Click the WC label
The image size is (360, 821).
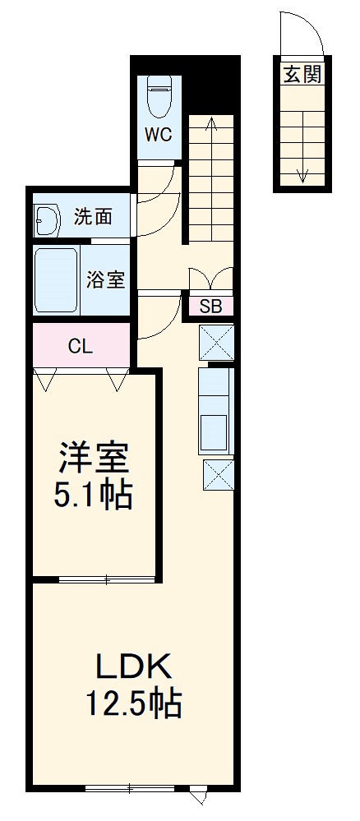[158, 135]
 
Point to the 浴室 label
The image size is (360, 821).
[106, 279]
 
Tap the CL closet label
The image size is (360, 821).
[80, 346]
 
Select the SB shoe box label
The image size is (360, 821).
[211, 307]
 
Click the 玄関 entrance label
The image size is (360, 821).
[302, 76]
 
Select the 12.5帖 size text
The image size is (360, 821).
[134, 703]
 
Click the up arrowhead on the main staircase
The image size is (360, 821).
[211, 123]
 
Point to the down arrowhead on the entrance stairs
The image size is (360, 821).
[302, 174]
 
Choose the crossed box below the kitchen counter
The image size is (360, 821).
[218, 475]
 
